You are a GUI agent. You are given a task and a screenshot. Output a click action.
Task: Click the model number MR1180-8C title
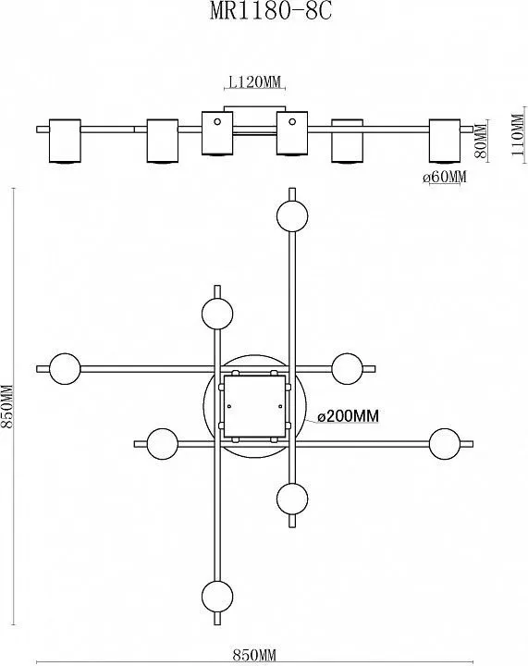(x=271, y=11)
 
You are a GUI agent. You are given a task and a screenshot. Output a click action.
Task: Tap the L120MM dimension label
(x=254, y=81)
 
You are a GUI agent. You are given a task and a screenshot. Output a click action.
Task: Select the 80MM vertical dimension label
(x=481, y=141)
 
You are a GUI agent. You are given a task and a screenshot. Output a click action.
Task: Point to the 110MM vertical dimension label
(x=518, y=135)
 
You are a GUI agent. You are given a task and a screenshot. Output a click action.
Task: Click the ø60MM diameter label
(x=445, y=177)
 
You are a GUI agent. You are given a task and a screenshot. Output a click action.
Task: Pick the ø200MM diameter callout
(x=348, y=416)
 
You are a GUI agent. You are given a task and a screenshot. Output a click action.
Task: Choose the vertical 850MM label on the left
(x=7, y=406)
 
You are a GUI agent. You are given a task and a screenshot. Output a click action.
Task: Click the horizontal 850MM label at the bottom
(x=254, y=656)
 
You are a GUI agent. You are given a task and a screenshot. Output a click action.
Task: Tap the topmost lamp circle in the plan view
(x=292, y=216)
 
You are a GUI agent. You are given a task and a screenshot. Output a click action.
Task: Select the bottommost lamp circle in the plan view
(x=217, y=597)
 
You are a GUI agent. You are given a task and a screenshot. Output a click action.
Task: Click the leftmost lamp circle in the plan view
(x=65, y=369)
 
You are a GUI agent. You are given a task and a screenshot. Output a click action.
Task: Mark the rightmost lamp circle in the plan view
(x=445, y=444)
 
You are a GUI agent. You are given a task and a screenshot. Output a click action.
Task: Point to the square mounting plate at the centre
(x=254, y=406)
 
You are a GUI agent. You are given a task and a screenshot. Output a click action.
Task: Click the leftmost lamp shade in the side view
(x=65, y=141)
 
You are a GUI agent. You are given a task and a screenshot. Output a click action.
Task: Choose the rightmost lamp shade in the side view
(x=445, y=141)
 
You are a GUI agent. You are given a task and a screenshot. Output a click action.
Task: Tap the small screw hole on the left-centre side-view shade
(x=217, y=122)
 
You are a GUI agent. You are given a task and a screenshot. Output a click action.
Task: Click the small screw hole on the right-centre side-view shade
(x=292, y=122)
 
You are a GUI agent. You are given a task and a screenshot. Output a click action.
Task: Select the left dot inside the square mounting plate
(x=229, y=406)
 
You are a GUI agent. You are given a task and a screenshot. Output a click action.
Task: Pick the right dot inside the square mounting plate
(x=280, y=406)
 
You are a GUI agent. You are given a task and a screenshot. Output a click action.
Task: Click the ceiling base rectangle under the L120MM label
(x=254, y=109)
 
